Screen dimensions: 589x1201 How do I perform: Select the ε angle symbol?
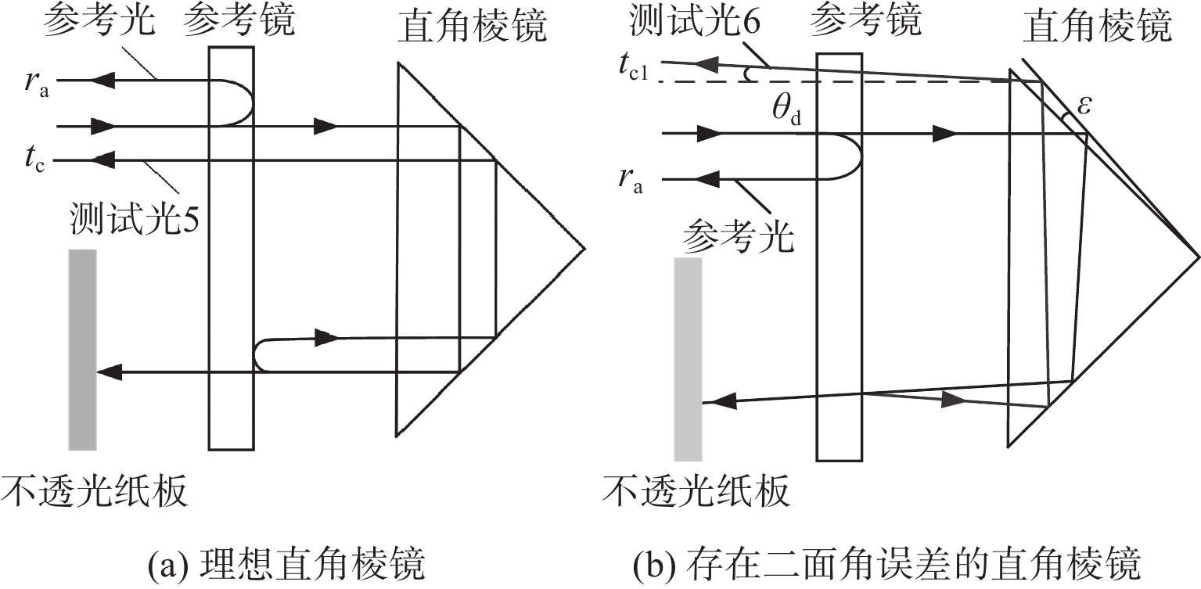[x=1084, y=106]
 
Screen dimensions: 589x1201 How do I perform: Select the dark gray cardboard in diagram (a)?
[x=82, y=349]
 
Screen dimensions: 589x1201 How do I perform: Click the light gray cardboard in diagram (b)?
[x=689, y=358]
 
